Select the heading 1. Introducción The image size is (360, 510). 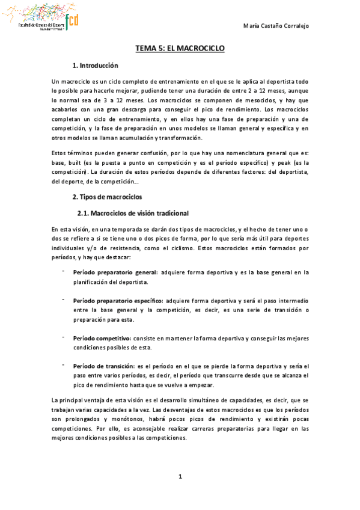coord(95,65)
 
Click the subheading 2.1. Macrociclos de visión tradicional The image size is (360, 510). coord(133,213)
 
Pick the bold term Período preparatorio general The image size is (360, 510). coord(115,272)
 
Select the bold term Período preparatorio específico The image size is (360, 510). coord(118,300)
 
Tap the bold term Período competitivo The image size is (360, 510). coord(102,338)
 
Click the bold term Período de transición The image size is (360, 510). coord(105,366)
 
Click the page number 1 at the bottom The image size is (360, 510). coord(180,477)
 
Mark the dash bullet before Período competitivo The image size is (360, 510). coord(63,337)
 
